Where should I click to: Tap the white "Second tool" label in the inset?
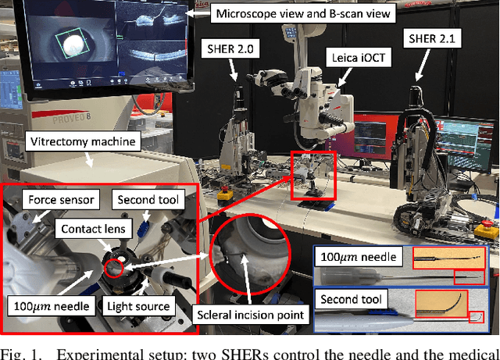148,200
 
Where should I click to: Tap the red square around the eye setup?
312,176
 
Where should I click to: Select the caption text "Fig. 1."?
20,352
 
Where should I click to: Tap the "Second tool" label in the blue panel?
351,299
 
